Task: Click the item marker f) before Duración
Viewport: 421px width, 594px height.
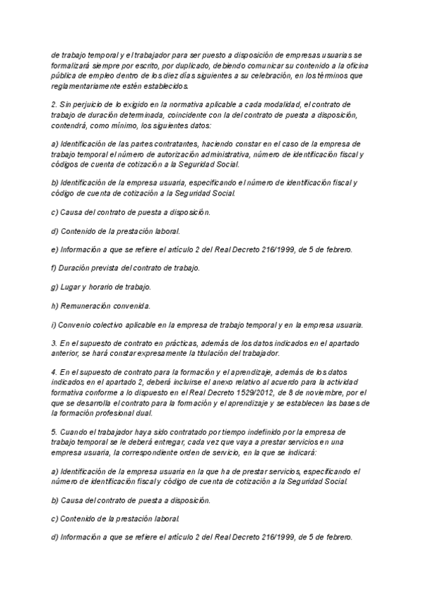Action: [x=55, y=268]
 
